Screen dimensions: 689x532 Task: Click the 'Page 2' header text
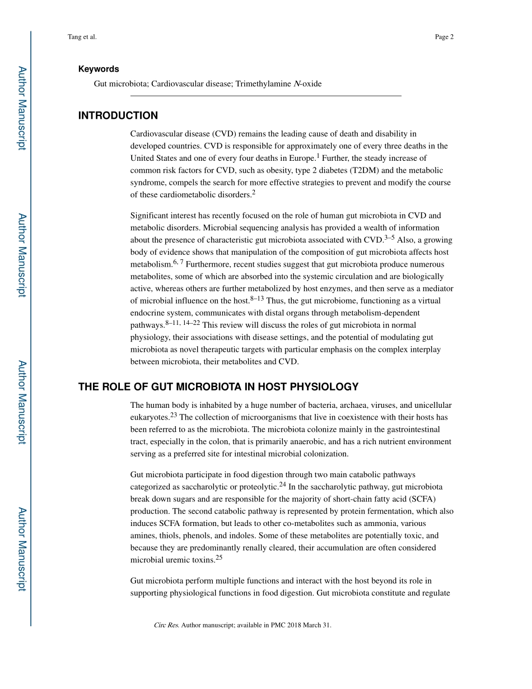(x=444, y=37)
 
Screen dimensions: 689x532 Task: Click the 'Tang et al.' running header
(x=82, y=37)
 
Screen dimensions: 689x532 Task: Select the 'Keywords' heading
(x=99, y=69)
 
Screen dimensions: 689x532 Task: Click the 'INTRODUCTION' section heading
(x=118, y=116)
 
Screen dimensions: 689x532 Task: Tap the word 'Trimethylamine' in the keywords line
(x=263, y=84)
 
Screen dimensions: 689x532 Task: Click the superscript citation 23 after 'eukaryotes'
(x=174, y=415)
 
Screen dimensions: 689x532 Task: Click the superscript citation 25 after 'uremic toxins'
(x=219, y=558)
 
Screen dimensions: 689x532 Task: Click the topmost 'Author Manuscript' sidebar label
(x=21, y=108)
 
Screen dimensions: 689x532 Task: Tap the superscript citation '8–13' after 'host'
(x=257, y=299)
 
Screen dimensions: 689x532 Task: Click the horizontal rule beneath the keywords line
(x=266, y=96)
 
